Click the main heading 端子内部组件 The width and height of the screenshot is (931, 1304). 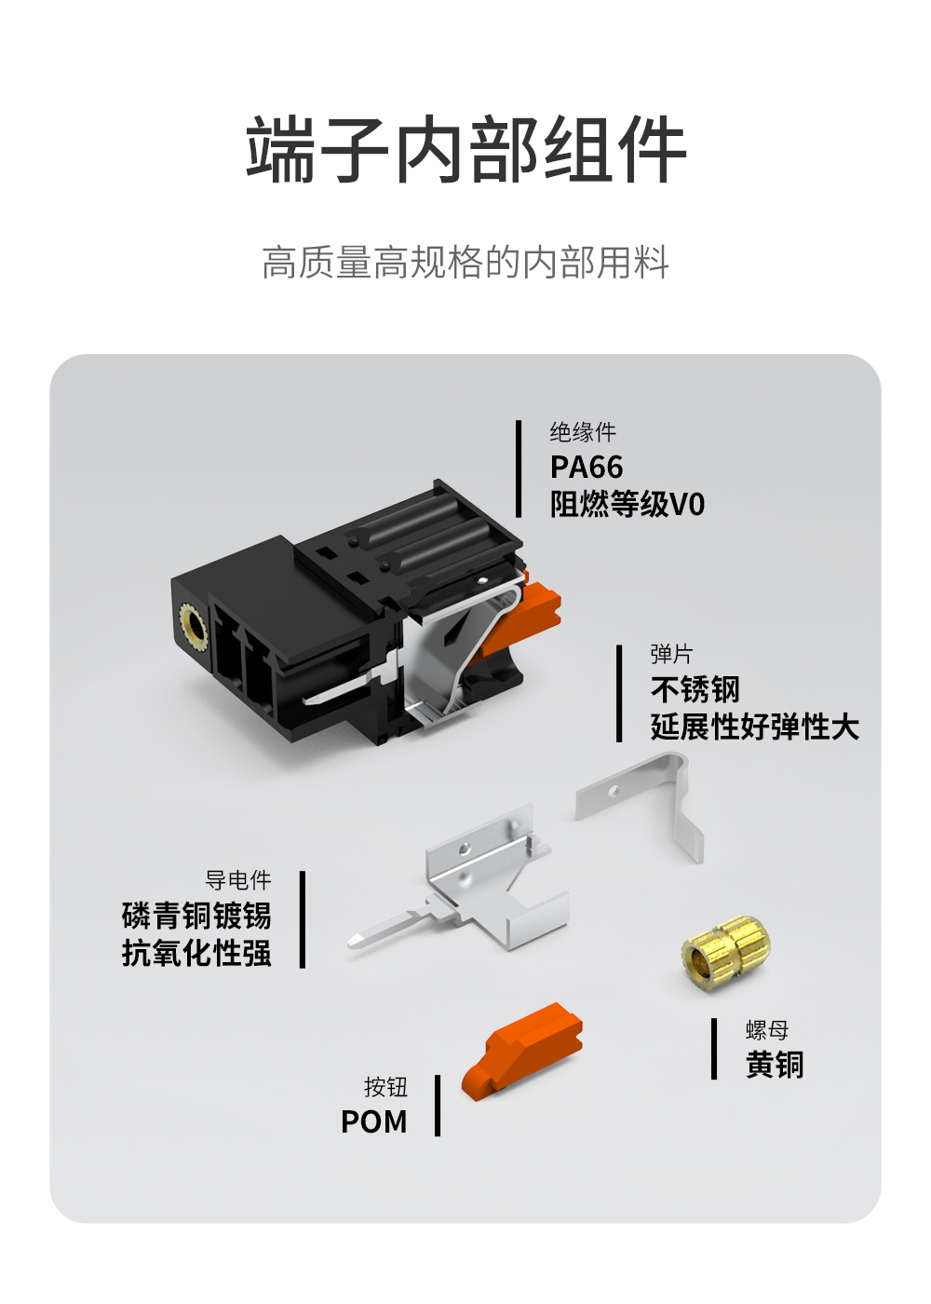click(465, 150)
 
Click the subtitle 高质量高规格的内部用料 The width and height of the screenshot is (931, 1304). click(465, 263)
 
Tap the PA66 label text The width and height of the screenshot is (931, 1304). click(586, 467)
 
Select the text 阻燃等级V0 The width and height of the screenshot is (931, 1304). click(627, 504)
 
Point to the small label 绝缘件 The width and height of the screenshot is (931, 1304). click(583, 432)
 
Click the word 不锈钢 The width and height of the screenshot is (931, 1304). click(695, 690)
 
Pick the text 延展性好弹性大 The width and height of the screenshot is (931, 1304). click(755, 727)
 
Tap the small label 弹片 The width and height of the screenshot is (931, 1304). click(671, 654)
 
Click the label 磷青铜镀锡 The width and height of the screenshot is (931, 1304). click(196, 916)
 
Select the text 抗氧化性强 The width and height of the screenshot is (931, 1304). click(196, 954)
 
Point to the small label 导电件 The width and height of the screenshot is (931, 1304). click(238, 880)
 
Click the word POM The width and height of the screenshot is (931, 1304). click(373, 1121)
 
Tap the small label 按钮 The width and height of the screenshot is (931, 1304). click(385, 1087)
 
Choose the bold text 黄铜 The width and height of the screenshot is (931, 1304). click(775, 1065)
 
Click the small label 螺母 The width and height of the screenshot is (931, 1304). click(767, 1030)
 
